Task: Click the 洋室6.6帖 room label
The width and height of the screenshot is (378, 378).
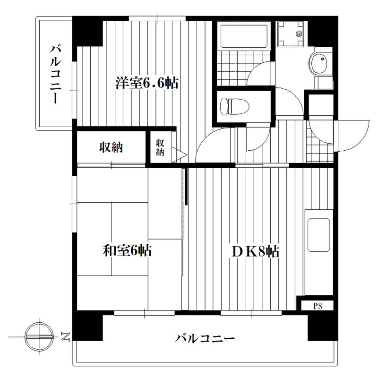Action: tap(146, 84)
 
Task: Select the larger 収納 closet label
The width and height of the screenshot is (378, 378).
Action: tap(111, 147)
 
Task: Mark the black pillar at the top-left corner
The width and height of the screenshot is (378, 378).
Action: tap(87, 31)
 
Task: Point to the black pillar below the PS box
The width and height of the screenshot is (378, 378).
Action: tap(321, 326)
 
